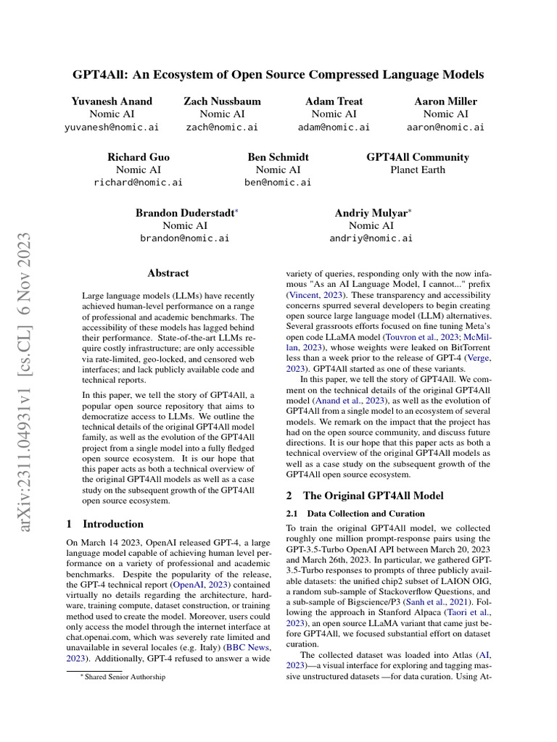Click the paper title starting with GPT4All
(x=278, y=74)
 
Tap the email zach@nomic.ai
(x=222, y=127)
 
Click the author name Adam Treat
(x=334, y=101)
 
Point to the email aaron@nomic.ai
(x=445, y=127)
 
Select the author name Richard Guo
(x=138, y=157)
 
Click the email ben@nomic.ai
(x=278, y=183)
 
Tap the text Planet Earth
(x=417, y=170)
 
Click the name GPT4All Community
(x=417, y=157)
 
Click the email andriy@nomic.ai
(x=371, y=238)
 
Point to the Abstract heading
(x=168, y=273)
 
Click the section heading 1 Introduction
(x=104, y=524)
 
